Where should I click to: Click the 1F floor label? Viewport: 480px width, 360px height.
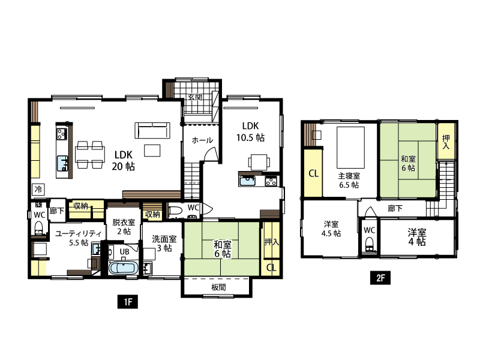click(128, 302)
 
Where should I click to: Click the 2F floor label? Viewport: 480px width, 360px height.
click(380, 278)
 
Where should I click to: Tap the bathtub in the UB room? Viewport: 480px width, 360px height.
click(123, 268)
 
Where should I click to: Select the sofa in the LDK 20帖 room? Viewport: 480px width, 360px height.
click(152, 130)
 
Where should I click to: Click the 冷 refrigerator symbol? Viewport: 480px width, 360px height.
click(38, 190)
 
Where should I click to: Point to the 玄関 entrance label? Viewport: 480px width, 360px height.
click(195, 97)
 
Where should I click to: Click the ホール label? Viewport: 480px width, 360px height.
click(202, 140)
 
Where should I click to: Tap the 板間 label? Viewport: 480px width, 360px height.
click(218, 287)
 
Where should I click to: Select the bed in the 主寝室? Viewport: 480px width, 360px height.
click(351, 148)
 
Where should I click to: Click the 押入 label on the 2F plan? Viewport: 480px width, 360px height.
click(446, 142)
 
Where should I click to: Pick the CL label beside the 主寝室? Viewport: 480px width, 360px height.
click(313, 173)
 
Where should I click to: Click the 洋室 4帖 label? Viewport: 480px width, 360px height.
click(416, 237)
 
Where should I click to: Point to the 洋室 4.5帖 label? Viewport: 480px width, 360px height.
click(331, 229)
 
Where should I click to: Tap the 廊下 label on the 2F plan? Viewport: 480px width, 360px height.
click(395, 208)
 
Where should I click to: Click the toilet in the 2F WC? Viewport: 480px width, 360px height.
click(370, 245)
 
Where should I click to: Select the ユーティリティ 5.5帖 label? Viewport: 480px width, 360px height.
click(79, 238)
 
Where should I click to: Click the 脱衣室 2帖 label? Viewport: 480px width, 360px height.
click(124, 227)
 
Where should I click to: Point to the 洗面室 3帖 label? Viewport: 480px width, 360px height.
click(164, 244)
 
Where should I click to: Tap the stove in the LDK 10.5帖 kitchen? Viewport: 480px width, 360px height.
click(271, 181)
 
